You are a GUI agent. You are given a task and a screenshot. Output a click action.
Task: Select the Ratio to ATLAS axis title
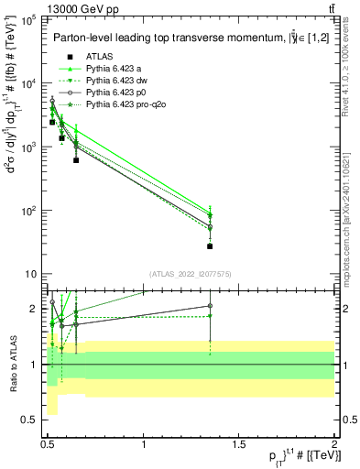pyautogui.click(x=12, y=365)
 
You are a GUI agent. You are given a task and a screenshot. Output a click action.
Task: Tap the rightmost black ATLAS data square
pyautogui.click(x=210, y=245)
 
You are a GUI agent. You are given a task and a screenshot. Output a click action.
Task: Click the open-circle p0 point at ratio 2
pyautogui.click(x=210, y=306)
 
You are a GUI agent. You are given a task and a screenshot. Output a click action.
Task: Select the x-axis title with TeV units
pyautogui.click(x=291, y=458)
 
